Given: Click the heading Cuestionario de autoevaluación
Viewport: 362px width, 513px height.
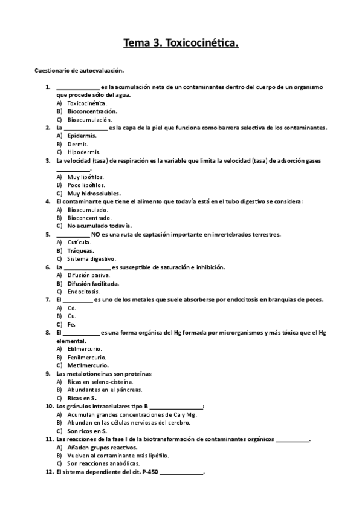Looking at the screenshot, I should tap(79, 71).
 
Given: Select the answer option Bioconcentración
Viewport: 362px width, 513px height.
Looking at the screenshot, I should tap(92, 111).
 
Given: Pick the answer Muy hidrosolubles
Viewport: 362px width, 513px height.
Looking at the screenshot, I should tap(94, 193).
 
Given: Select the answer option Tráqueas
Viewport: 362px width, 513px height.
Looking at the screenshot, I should tap(80, 250).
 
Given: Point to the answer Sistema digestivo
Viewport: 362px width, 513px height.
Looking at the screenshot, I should tap(91, 258).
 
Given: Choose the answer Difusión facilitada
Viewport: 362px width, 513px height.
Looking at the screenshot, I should tap(93, 283).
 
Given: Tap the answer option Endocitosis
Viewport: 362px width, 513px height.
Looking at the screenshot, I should tap(84, 291).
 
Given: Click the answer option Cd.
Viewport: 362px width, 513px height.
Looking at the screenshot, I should tap(71, 308).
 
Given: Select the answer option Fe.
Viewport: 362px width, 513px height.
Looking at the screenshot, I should tap(71, 324).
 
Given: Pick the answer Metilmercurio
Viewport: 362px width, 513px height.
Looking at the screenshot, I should tap(88, 365).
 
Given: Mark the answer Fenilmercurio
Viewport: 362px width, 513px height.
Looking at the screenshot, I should tap(88, 357).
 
